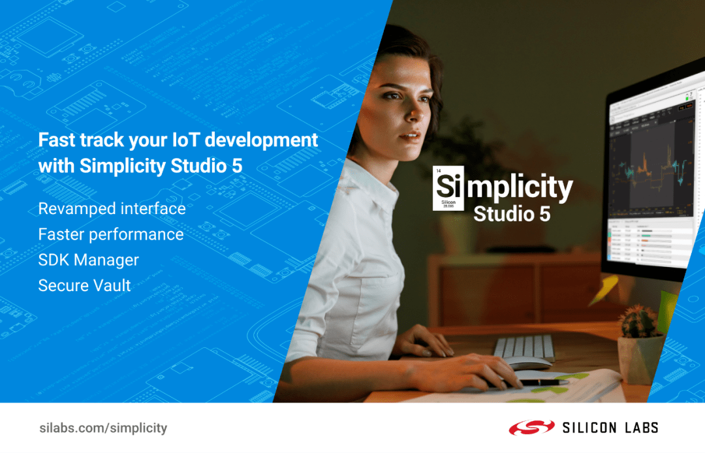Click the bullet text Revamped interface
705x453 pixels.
click(112, 209)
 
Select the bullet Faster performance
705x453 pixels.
click(111, 234)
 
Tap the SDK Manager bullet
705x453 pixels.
click(88, 260)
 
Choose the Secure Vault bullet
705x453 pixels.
click(84, 285)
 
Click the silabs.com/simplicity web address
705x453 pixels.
click(102, 428)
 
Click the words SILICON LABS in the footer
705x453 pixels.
click(610, 428)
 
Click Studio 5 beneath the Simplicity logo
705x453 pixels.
click(511, 214)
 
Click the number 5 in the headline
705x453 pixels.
click(237, 166)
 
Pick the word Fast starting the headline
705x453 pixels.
click(54, 140)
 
